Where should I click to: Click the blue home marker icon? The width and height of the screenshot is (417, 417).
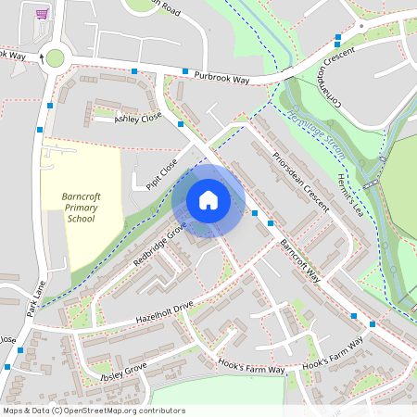tap(208, 200)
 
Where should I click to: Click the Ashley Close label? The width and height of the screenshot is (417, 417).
tap(138, 118)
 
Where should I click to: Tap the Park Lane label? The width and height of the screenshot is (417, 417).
tap(37, 302)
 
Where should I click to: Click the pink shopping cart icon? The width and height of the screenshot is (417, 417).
tap(41, 14)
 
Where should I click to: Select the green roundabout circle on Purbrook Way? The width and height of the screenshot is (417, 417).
tap(56, 58)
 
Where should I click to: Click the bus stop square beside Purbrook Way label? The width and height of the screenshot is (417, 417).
tap(185, 71)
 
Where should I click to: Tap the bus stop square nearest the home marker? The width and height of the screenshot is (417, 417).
tap(255, 214)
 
